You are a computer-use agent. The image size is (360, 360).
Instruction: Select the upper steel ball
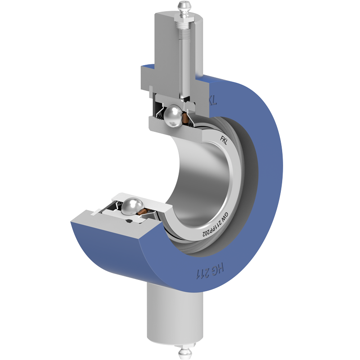[x=173, y=116]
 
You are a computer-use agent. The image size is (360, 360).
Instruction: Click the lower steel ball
[x=132, y=206]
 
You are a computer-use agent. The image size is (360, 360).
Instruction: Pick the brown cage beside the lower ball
[x=144, y=211]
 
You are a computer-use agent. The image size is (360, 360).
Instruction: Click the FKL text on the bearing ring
[x=223, y=140]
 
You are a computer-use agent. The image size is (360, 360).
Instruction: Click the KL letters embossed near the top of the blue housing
[x=212, y=99]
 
